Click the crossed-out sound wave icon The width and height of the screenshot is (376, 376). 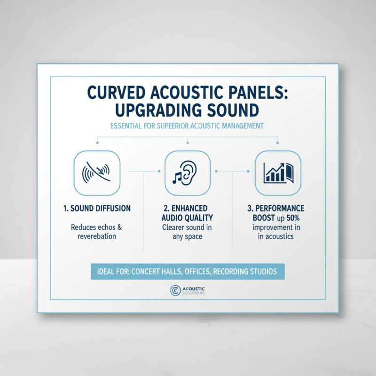coord(97,173)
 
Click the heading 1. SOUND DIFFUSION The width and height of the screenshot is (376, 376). coord(97,208)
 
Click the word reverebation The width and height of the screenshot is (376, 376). coord(97,236)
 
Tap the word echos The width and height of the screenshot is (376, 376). coord(104,227)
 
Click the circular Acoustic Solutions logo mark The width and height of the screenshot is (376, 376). coord(175,291)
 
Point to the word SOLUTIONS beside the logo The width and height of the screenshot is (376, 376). coord(195,294)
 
